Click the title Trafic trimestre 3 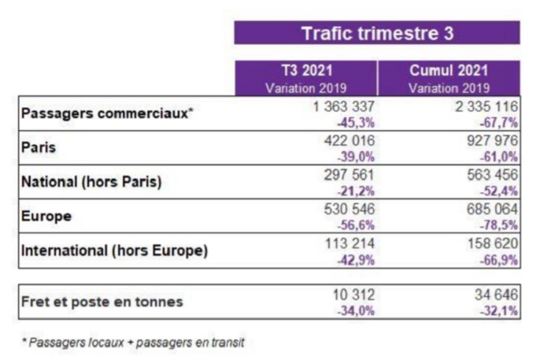(377, 33)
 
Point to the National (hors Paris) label (91, 182)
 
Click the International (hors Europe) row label (114, 251)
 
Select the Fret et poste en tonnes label (102, 301)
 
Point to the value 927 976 (486, 141)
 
